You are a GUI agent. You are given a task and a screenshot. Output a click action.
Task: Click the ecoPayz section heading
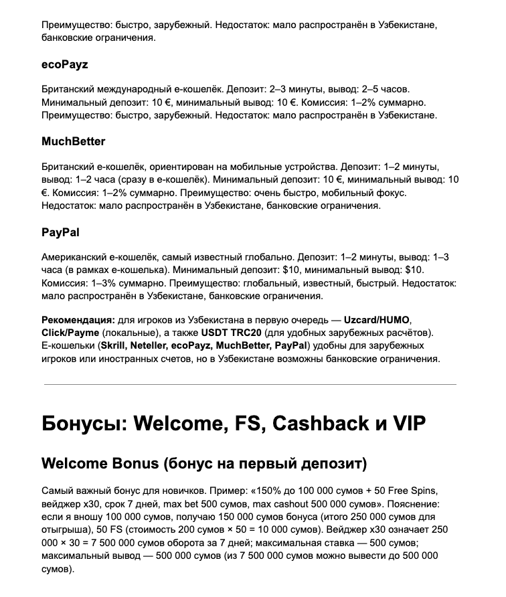click(x=64, y=65)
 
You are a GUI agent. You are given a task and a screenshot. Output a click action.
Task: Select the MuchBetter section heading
click(x=73, y=142)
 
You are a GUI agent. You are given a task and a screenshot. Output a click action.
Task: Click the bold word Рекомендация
click(x=77, y=320)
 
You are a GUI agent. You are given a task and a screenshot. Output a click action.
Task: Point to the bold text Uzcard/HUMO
click(x=377, y=320)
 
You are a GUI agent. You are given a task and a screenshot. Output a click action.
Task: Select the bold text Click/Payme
click(x=70, y=333)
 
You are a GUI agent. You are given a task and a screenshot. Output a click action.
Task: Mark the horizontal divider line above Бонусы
click(x=250, y=384)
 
